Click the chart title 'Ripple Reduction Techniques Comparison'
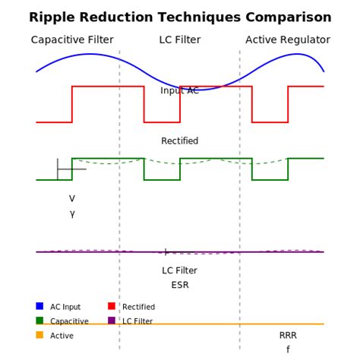tap(180, 17)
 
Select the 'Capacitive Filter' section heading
tap(72, 40)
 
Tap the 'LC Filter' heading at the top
tap(180, 40)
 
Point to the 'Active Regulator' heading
tap(288, 40)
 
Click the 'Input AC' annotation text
tap(180, 91)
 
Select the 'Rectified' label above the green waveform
tap(180, 141)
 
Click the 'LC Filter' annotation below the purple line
tap(180, 270)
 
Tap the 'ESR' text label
tap(180, 286)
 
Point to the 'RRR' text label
tap(288, 336)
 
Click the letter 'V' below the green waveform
tap(72, 199)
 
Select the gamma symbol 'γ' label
tap(72, 213)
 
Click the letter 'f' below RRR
tap(288, 350)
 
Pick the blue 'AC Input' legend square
tap(39, 306)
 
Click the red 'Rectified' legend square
tap(112, 306)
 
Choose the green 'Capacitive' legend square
tap(39, 321)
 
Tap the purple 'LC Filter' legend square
tap(112, 321)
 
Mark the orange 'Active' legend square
tap(39, 335)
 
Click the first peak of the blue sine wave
tap(90, 54)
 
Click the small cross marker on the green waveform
tap(58, 169)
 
